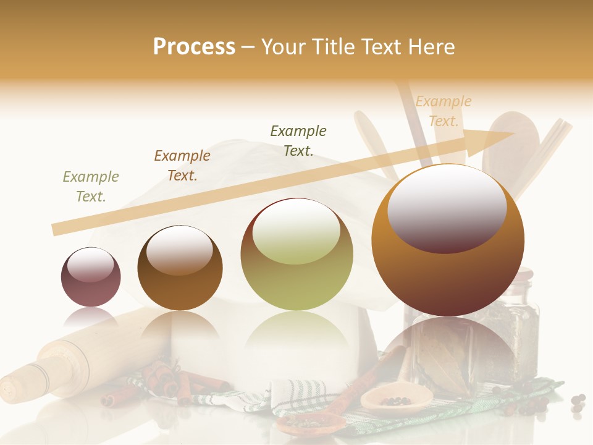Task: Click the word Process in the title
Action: (x=194, y=47)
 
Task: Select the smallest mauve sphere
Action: (x=91, y=277)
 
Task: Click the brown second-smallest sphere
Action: (x=180, y=268)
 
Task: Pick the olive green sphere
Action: (x=296, y=255)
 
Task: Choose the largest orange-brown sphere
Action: (x=448, y=241)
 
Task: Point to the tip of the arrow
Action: (x=514, y=133)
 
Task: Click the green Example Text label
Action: (x=91, y=187)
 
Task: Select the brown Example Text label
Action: (x=182, y=166)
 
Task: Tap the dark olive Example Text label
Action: (x=298, y=140)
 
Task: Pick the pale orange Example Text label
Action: (x=443, y=111)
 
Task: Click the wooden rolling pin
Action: (x=68, y=358)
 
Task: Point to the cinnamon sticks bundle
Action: (x=167, y=380)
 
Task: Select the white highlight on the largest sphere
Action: (x=447, y=207)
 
